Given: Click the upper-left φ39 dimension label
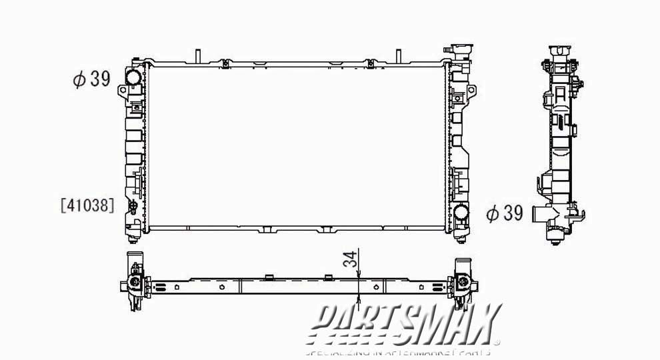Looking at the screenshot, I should tap(91, 79).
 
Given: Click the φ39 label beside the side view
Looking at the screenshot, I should tap(504, 213).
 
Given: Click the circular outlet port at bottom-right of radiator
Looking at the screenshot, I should tap(459, 213).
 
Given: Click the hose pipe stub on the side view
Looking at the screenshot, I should tap(541, 214).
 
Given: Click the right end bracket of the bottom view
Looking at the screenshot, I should tap(461, 283).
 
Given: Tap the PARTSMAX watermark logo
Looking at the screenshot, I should tap(406, 325).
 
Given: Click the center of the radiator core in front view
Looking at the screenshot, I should tap(297, 145).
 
